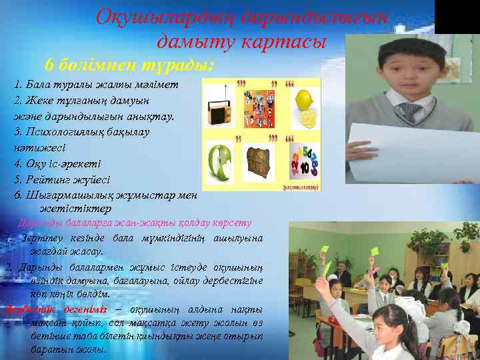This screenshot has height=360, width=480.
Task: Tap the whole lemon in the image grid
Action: click(x=305, y=101)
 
